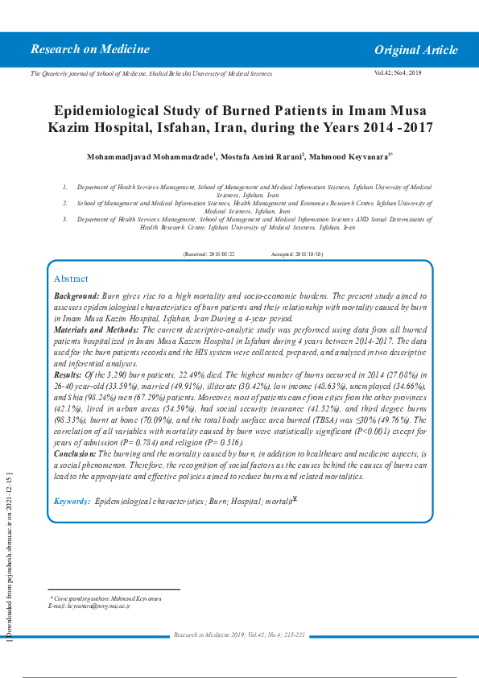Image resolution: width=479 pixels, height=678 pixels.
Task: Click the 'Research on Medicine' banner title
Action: [90, 50]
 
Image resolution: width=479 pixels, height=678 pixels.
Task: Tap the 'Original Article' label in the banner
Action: [415, 50]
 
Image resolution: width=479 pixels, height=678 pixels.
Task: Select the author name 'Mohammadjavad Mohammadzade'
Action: [149, 155]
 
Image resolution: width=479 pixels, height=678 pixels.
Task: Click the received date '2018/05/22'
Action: [222, 254]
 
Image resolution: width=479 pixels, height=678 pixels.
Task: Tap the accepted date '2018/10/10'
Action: [309, 254]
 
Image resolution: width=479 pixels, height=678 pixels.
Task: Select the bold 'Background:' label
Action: [76, 296]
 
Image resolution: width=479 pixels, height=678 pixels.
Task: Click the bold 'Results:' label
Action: [67, 375]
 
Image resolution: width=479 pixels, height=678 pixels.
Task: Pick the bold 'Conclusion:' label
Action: [75, 454]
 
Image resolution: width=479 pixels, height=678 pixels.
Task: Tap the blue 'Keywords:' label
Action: [72, 502]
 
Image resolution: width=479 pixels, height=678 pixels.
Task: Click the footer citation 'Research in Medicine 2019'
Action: [211, 635]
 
